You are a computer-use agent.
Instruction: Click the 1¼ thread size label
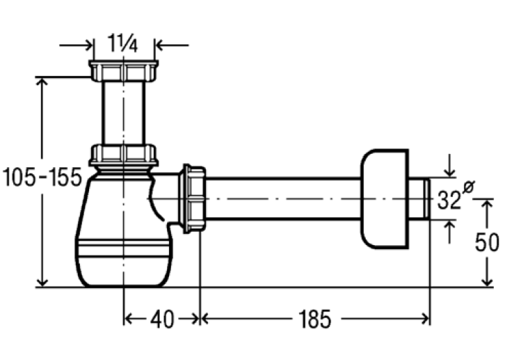(x=123, y=43)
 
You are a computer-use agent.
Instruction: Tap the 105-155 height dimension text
(x=42, y=177)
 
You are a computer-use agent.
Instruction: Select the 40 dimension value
(x=162, y=320)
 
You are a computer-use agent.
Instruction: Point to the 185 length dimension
(x=315, y=320)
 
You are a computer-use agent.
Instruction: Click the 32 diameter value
(x=449, y=200)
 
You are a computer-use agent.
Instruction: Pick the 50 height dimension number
(x=487, y=242)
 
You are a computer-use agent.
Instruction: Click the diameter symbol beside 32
(x=469, y=187)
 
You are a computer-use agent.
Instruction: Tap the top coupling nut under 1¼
(x=123, y=71)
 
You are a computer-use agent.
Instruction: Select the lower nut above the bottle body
(x=123, y=155)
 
